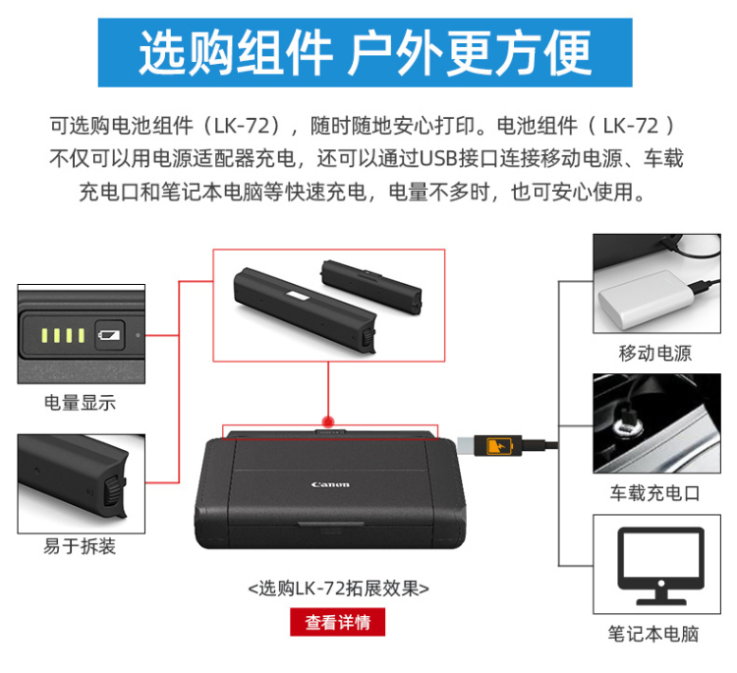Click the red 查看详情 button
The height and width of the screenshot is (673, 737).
pos(337,622)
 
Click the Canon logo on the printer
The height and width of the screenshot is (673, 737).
pos(330,484)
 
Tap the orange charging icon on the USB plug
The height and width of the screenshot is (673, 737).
pos(498,445)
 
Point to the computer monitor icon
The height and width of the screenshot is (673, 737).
pos(661,566)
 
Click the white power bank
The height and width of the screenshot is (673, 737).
pos(647,299)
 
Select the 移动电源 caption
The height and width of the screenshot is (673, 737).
pos(655,353)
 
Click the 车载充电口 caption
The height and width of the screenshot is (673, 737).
pos(655,493)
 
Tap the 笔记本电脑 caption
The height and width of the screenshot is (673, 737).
pos(653,634)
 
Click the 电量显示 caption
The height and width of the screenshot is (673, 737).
pos(80,403)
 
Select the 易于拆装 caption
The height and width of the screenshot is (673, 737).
pos(80,546)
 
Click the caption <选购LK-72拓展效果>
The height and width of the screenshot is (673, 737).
pos(338,588)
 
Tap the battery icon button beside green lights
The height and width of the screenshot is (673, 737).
pos(109,335)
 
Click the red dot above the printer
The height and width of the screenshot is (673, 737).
pos(328,421)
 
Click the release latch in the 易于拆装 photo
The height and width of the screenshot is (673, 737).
pos(113,491)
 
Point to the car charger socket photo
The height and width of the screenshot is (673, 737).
pos(656,423)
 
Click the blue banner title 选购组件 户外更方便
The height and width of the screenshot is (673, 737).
pos(365,52)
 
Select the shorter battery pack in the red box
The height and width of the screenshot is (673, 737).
pos(371,287)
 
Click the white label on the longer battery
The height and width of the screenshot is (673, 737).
pos(296,296)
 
